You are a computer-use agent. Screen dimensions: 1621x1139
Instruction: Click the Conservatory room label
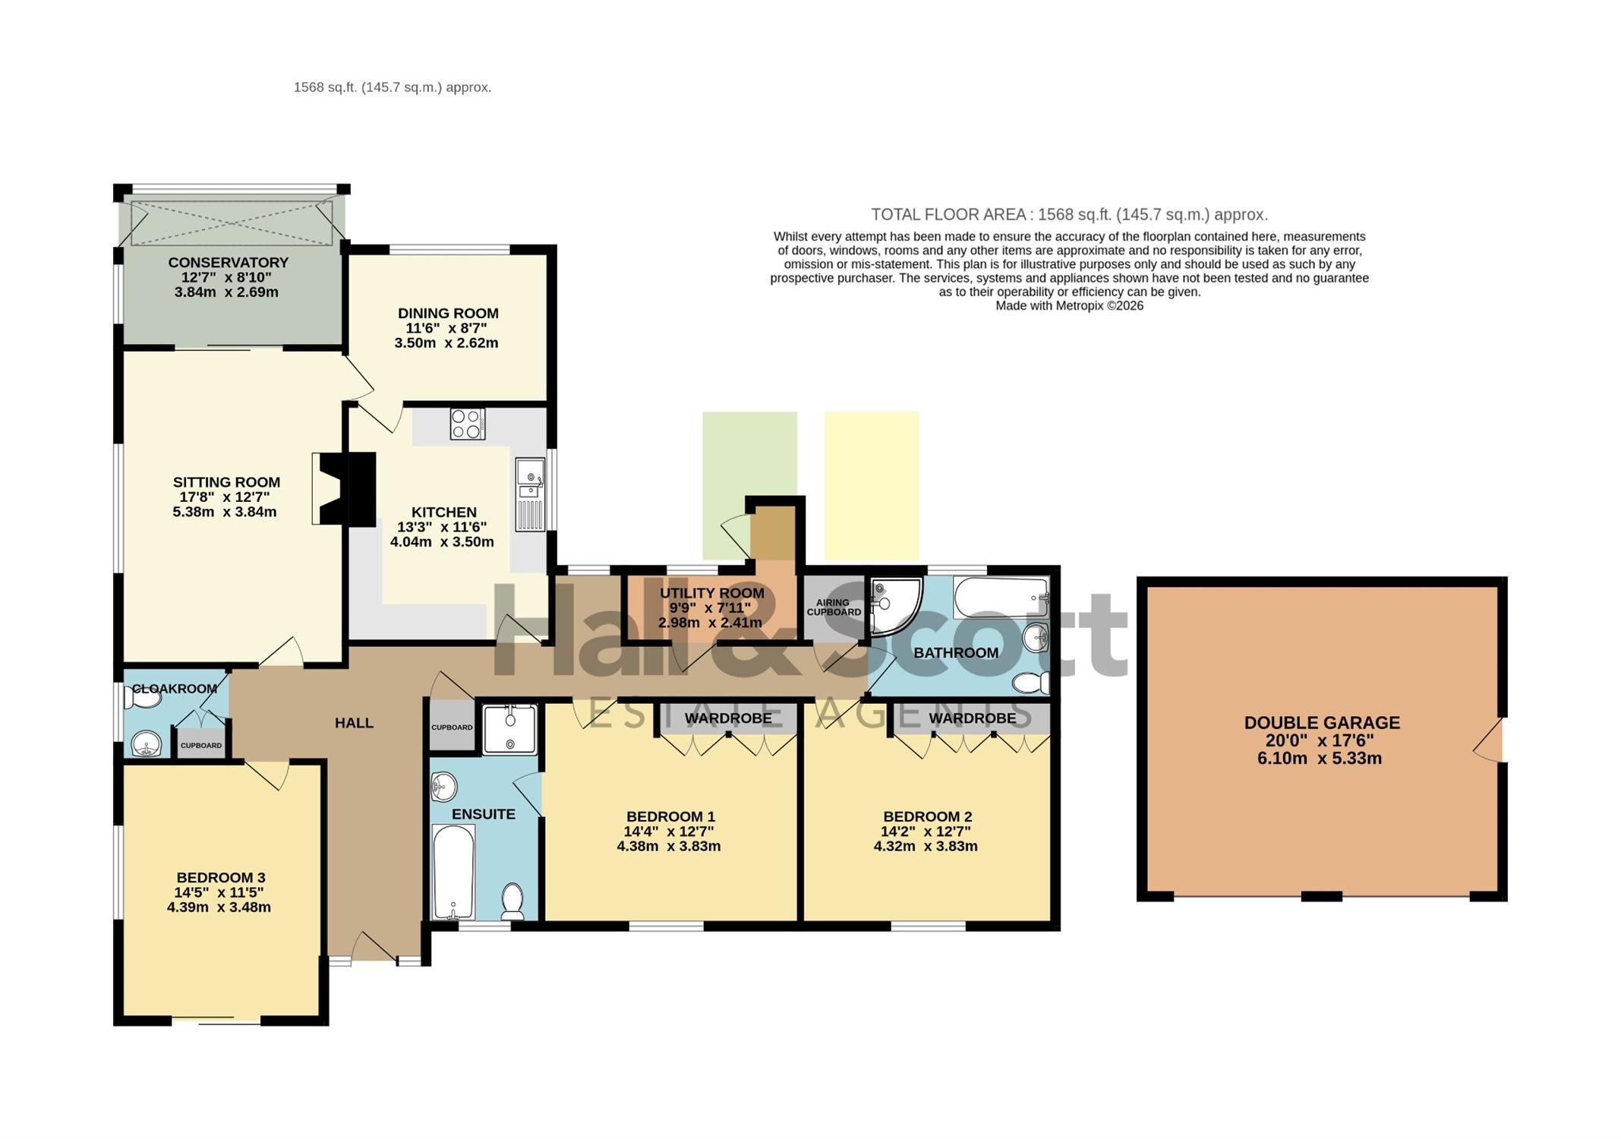pyautogui.click(x=228, y=263)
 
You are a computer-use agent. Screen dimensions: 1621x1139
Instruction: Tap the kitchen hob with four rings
pyautogui.click(x=468, y=424)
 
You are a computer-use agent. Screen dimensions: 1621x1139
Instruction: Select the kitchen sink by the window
pyautogui.click(x=530, y=494)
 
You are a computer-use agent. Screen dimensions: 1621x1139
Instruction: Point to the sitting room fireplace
pyautogui.click(x=344, y=489)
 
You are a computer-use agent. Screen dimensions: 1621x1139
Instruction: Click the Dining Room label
pyautogui.click(x=448, y=313)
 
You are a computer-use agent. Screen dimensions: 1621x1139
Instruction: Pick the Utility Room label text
pyautogui.click(x=711, y=593)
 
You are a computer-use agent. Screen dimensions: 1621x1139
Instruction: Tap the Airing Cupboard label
pyautogui.click(x=834, y=607)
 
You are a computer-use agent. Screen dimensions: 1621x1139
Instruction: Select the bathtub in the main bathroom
pyautogui.click(x=1001, y=598)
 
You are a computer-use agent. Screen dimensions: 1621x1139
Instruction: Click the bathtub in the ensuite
pyautogui.click(x=453, y=872)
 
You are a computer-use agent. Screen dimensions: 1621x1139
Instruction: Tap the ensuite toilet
pyautogui.click(x=512, y=901)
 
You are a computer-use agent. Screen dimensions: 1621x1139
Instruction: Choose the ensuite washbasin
pyautogui.click(x=444, y=787)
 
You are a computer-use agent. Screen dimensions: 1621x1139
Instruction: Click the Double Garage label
pyautogui.click(x=1322, y=723)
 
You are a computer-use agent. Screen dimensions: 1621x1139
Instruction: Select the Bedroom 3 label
pyautogui.click(x=221, y=878)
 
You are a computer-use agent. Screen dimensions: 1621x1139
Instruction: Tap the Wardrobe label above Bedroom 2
pyautogui.click(x=973, y=718)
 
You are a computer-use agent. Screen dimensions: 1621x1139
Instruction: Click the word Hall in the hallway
pyautogui.click(x=355, y=723)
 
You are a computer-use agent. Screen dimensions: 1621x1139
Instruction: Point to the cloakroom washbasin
pyautogui.click(x=147, y=744)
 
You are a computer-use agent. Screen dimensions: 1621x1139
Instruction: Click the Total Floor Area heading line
pyautogui.click(x=1069, y=215)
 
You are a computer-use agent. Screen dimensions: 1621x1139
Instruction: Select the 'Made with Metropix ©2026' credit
pyautogui.click(x=1069, y=306)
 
